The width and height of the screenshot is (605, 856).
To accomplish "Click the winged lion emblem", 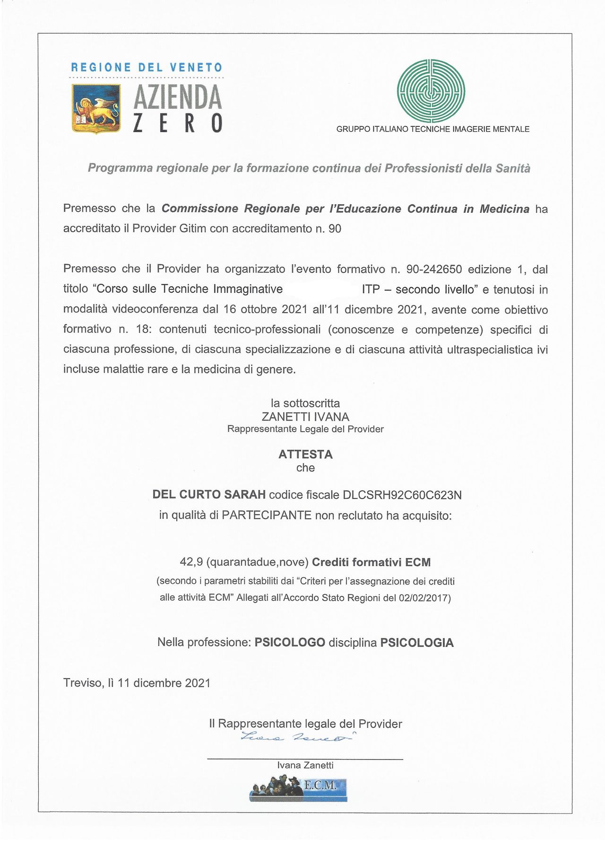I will coord(96,109).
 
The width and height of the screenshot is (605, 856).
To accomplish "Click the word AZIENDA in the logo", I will coord(178,97).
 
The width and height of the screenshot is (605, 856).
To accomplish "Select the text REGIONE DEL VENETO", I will coord(147,68).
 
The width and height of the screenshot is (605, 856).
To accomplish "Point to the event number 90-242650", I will coord(433,270).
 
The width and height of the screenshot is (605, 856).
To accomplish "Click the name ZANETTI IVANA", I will coord(305,417).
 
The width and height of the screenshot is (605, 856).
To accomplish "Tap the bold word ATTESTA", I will coord(305,454).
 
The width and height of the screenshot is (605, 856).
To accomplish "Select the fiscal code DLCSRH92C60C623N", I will coord(402,495).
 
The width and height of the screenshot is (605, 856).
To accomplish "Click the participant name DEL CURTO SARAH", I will coord(208,495).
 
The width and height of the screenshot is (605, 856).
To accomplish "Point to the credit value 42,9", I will coord(191,562).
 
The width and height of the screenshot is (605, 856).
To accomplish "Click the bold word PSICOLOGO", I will coord(290,642).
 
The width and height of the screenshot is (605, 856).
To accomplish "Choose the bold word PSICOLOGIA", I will coord(417,643).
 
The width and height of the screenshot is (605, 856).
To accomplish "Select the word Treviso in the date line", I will coord(82,683).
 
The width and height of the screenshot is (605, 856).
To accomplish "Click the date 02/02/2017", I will coord(423,598).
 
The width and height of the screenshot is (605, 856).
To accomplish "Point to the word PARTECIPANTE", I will coord(267,515).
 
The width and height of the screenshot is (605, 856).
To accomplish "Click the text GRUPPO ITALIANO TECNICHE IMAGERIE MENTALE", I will coord(432,129).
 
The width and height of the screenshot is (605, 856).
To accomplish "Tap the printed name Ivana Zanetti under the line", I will coord(305,765).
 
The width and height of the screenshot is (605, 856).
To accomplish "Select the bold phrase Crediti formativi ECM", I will coord(372,562).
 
